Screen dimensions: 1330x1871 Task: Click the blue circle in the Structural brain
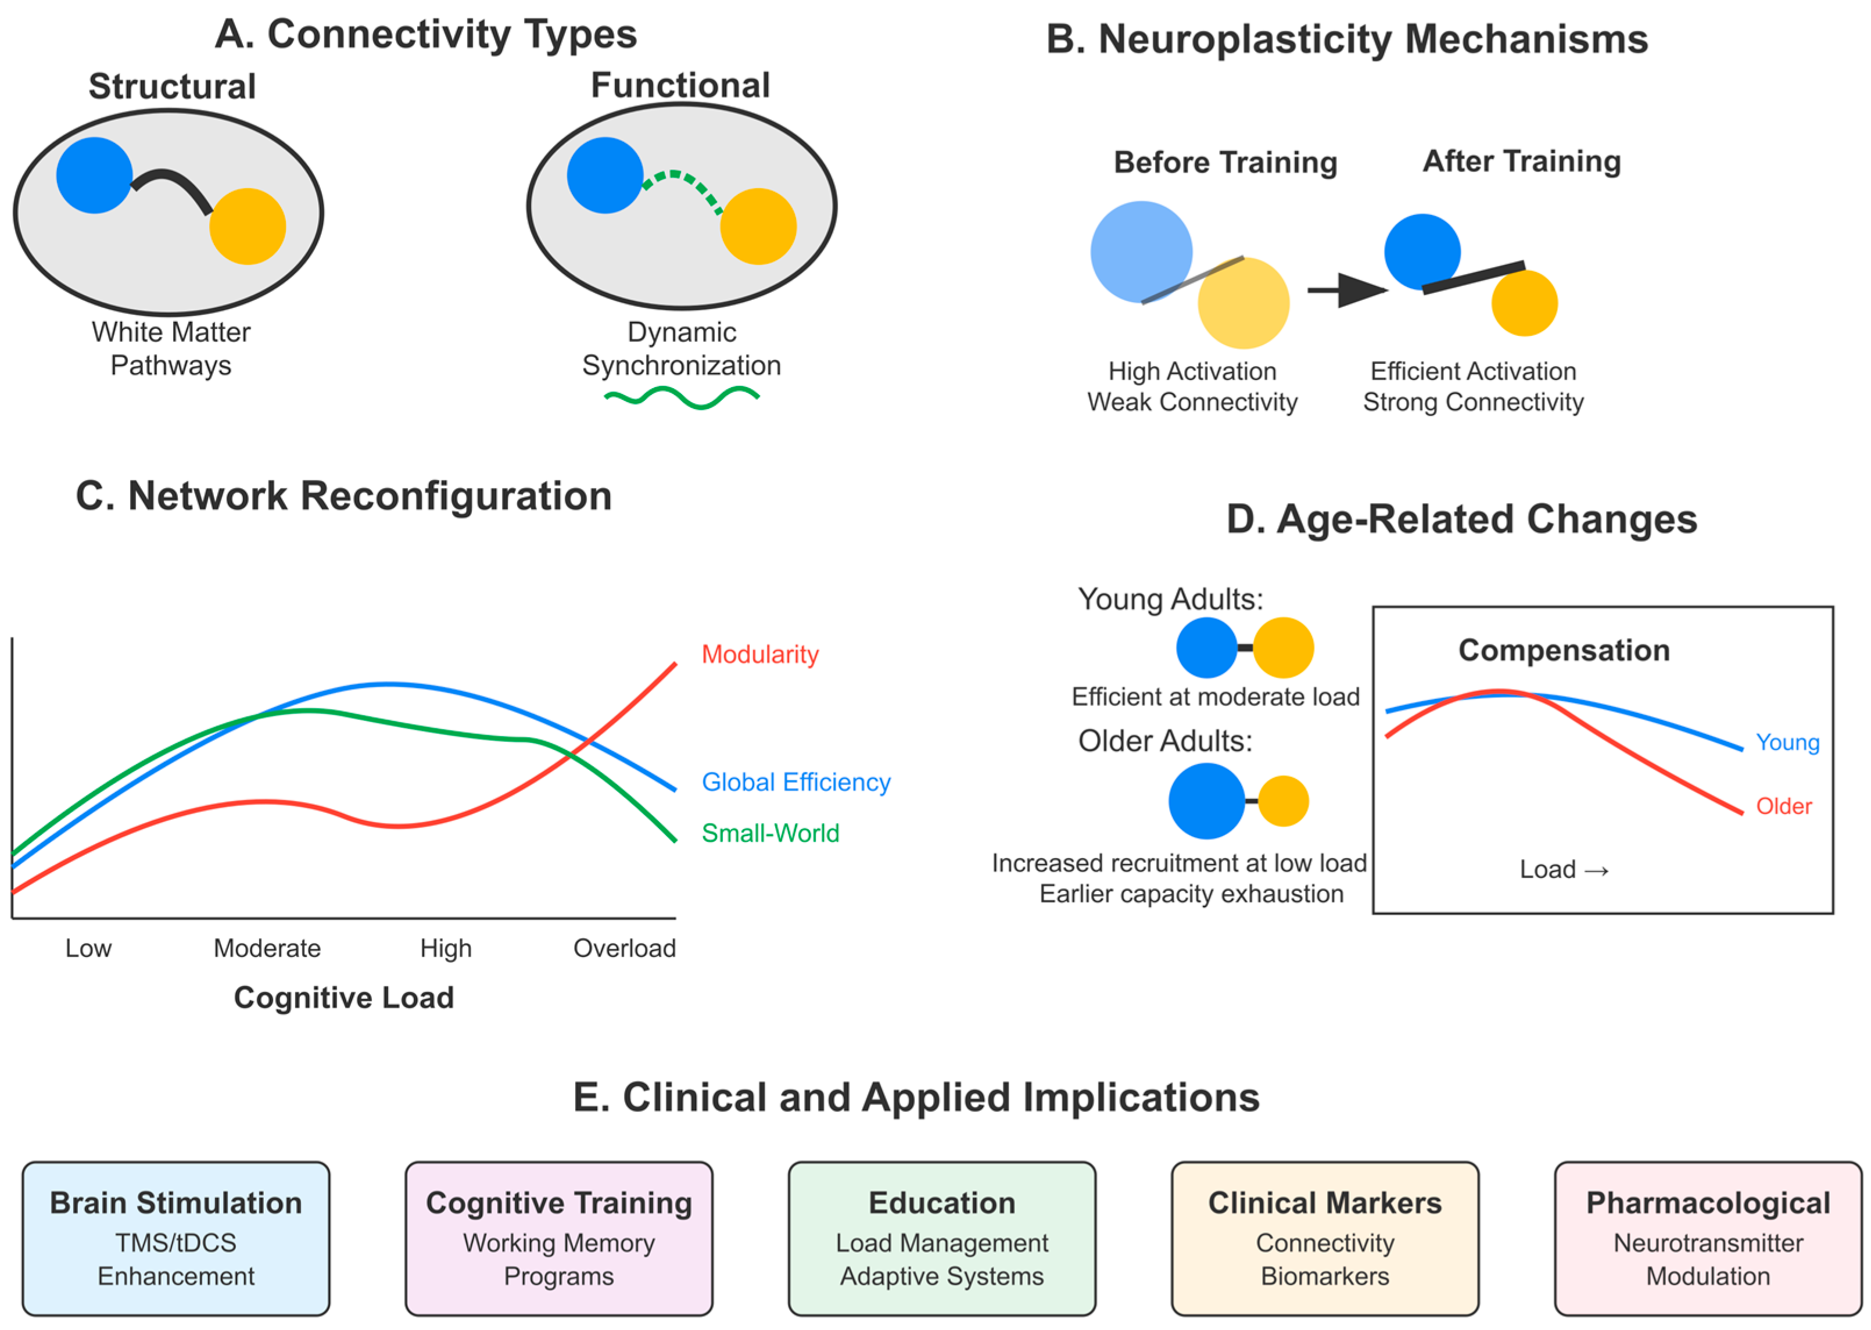click(94, 175)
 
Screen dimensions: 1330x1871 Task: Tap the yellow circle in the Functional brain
click(758, 226)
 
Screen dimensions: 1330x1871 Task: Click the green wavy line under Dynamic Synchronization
click(681, 398)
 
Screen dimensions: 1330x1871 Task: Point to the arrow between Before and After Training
click(1346, 290)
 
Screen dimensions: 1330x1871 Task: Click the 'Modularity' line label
click(760, 654)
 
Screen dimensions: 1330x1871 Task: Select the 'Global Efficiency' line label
click(796, 782)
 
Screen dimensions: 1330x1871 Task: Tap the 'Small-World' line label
click(770, 833)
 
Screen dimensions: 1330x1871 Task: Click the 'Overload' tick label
click(624, 948)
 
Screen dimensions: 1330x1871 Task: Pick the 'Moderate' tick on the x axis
click(267, 948)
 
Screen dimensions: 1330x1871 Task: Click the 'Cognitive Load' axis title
click(344, 998)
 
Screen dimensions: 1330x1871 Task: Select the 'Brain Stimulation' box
click(176, 1238)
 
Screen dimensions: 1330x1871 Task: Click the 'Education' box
click(942, 1238)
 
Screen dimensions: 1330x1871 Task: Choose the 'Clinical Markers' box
click(1325, 1238)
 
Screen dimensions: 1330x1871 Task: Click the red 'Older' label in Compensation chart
click(1783, 806)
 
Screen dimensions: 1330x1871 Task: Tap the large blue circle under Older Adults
click(1206, 801)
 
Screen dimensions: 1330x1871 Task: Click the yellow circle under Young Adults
click(1283, 648)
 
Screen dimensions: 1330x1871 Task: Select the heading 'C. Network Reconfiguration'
click(344, 496)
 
